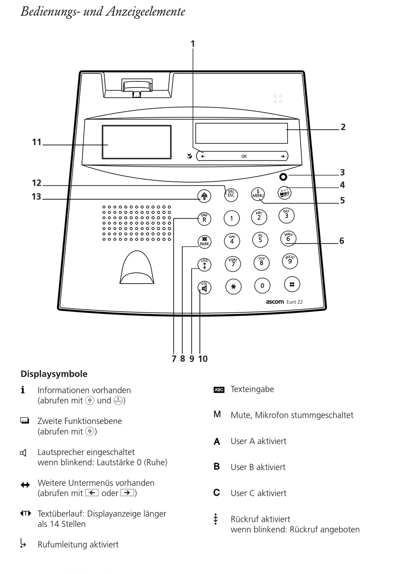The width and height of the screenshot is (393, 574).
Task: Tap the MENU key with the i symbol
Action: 258,194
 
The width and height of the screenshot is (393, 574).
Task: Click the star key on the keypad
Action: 233,286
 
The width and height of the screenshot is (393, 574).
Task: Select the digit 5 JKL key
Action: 260,239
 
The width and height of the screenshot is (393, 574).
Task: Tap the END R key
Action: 204,218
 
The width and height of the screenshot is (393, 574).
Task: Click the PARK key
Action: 204,242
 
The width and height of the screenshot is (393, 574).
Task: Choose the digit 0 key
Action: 262,286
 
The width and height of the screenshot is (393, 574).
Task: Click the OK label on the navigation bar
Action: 244,156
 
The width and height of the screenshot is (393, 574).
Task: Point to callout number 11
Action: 37,142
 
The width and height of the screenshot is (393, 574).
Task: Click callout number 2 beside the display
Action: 343,127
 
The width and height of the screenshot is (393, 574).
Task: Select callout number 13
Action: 36,197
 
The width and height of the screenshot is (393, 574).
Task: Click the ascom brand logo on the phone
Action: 275,302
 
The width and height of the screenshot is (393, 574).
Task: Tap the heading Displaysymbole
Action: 54,374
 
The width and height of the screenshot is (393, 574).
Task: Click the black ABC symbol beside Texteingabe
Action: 219,390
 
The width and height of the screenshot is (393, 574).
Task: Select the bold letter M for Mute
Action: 217,414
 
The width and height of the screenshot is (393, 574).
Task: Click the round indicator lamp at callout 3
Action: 283,177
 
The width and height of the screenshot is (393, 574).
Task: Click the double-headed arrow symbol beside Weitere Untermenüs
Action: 25,485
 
